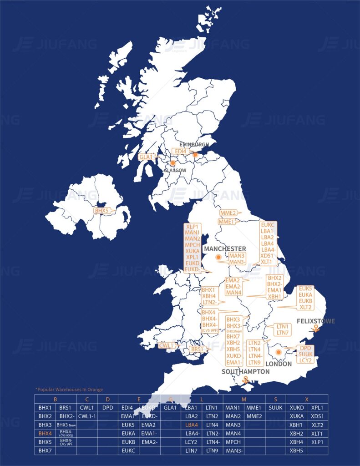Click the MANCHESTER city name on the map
(225, 249)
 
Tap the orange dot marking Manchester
(218, 258)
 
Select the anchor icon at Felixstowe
(315, 329)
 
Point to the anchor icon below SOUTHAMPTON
(246, 380)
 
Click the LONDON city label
(279, 364)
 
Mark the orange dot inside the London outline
(278, 352)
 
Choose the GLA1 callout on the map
(147, 157)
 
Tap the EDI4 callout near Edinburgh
(180, 151)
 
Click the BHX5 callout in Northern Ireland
(101, 211)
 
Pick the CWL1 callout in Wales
(167, 346)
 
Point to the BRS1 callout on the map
(197, 349)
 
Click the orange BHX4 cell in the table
(45, 434)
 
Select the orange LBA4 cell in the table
(192, 425)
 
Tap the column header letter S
(275, 399)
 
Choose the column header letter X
(307, 399)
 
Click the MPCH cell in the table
(233, 442)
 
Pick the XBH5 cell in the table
(297, 451)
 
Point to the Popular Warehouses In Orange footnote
(69, 390)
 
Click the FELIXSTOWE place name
(315, 321)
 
